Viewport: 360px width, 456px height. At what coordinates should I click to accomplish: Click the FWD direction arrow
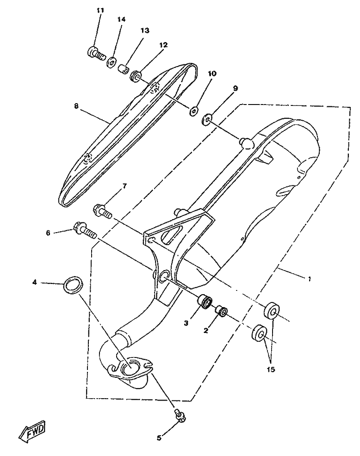(x=32, y=431)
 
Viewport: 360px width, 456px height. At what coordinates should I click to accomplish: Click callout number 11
(x=100, y=10)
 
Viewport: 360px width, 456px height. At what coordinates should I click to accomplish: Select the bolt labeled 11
(x=96, y=53)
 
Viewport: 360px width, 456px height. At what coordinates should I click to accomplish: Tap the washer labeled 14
(x=112, y=62)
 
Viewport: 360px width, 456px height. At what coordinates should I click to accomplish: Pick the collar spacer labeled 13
(x=124, y=69)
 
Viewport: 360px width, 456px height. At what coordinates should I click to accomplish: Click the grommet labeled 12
(x=136, y=76)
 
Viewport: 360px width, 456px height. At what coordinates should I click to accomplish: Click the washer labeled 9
(x=207, y=119)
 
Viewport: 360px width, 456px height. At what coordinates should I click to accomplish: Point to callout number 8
(x=76, y=106)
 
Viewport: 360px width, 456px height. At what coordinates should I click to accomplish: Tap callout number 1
(x=309, y=279)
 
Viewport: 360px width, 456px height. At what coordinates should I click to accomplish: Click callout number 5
(x=159, y=438)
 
